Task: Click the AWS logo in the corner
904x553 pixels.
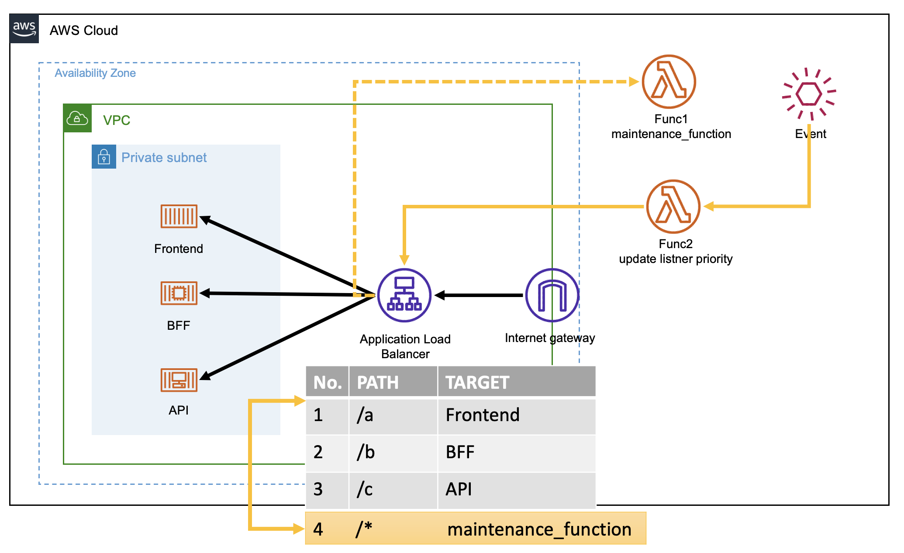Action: (24, 29)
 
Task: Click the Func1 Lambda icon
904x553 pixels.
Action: (669, 82)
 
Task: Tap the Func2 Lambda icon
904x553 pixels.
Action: (673, 207)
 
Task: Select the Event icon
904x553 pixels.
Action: (809, 93)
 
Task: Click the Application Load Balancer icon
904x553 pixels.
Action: (404, 295)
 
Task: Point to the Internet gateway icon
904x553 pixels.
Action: (552, 295)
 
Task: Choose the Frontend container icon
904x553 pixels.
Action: (179, 216)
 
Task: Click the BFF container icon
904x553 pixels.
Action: (179, 293)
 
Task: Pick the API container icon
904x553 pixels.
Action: (179, 380)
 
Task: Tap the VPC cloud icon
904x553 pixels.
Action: (77, 118)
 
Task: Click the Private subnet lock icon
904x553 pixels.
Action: (104, 157)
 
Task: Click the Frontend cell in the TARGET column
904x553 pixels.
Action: (483, 415)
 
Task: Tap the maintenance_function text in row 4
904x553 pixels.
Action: (539, 529)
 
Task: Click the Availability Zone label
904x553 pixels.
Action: (95, 73)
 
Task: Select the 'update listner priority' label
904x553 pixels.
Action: (676, 259)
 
